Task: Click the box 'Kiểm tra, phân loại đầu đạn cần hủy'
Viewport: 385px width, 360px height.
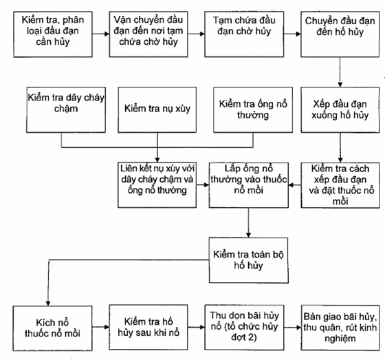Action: click(x=53, y=34)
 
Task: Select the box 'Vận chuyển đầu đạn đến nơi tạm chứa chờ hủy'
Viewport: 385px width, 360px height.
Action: click(x=148, y=34)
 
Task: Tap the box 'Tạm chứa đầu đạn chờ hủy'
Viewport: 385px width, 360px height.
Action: click(x=244, y=34)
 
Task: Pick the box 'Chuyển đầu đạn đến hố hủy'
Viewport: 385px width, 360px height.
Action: click(x=340, y=34)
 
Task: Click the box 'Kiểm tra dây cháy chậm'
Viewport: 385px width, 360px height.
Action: click(x=66, y=109)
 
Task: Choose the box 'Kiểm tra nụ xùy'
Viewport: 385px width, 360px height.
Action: click(x=157, y=109)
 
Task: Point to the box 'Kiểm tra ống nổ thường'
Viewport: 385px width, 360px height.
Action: click(x=253, y=109)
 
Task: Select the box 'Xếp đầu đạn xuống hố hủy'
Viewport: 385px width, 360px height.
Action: click(x=340, y=109)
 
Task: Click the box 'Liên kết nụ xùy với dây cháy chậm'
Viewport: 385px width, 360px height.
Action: click(x=157, y=185)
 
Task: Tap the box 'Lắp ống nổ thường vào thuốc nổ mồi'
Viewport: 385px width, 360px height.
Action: click(x=248, y=185)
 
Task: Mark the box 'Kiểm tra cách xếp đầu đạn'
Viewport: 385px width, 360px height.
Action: click(x=340, y=185)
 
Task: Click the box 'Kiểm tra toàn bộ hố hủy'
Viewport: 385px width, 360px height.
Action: click(x=248, y=260)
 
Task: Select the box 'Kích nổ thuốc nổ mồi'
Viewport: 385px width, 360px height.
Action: click(x=52, y=328)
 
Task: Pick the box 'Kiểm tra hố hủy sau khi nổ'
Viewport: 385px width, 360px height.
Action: click(x=148, y=327)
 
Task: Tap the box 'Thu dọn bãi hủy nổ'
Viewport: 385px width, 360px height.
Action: click(x=244, y=327)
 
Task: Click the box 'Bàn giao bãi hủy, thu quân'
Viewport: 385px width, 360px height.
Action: click(x=340, y=328)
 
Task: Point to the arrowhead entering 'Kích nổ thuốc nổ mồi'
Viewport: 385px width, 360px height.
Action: click(x=48, y=304)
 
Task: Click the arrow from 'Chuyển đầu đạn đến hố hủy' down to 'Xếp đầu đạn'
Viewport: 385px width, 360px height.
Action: click(x=340, y=72)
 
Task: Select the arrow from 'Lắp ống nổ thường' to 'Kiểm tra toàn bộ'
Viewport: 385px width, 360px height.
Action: click(x=248, y=223)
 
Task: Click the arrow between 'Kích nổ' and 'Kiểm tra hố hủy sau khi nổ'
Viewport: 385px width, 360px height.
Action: click(x=100, y=327)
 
